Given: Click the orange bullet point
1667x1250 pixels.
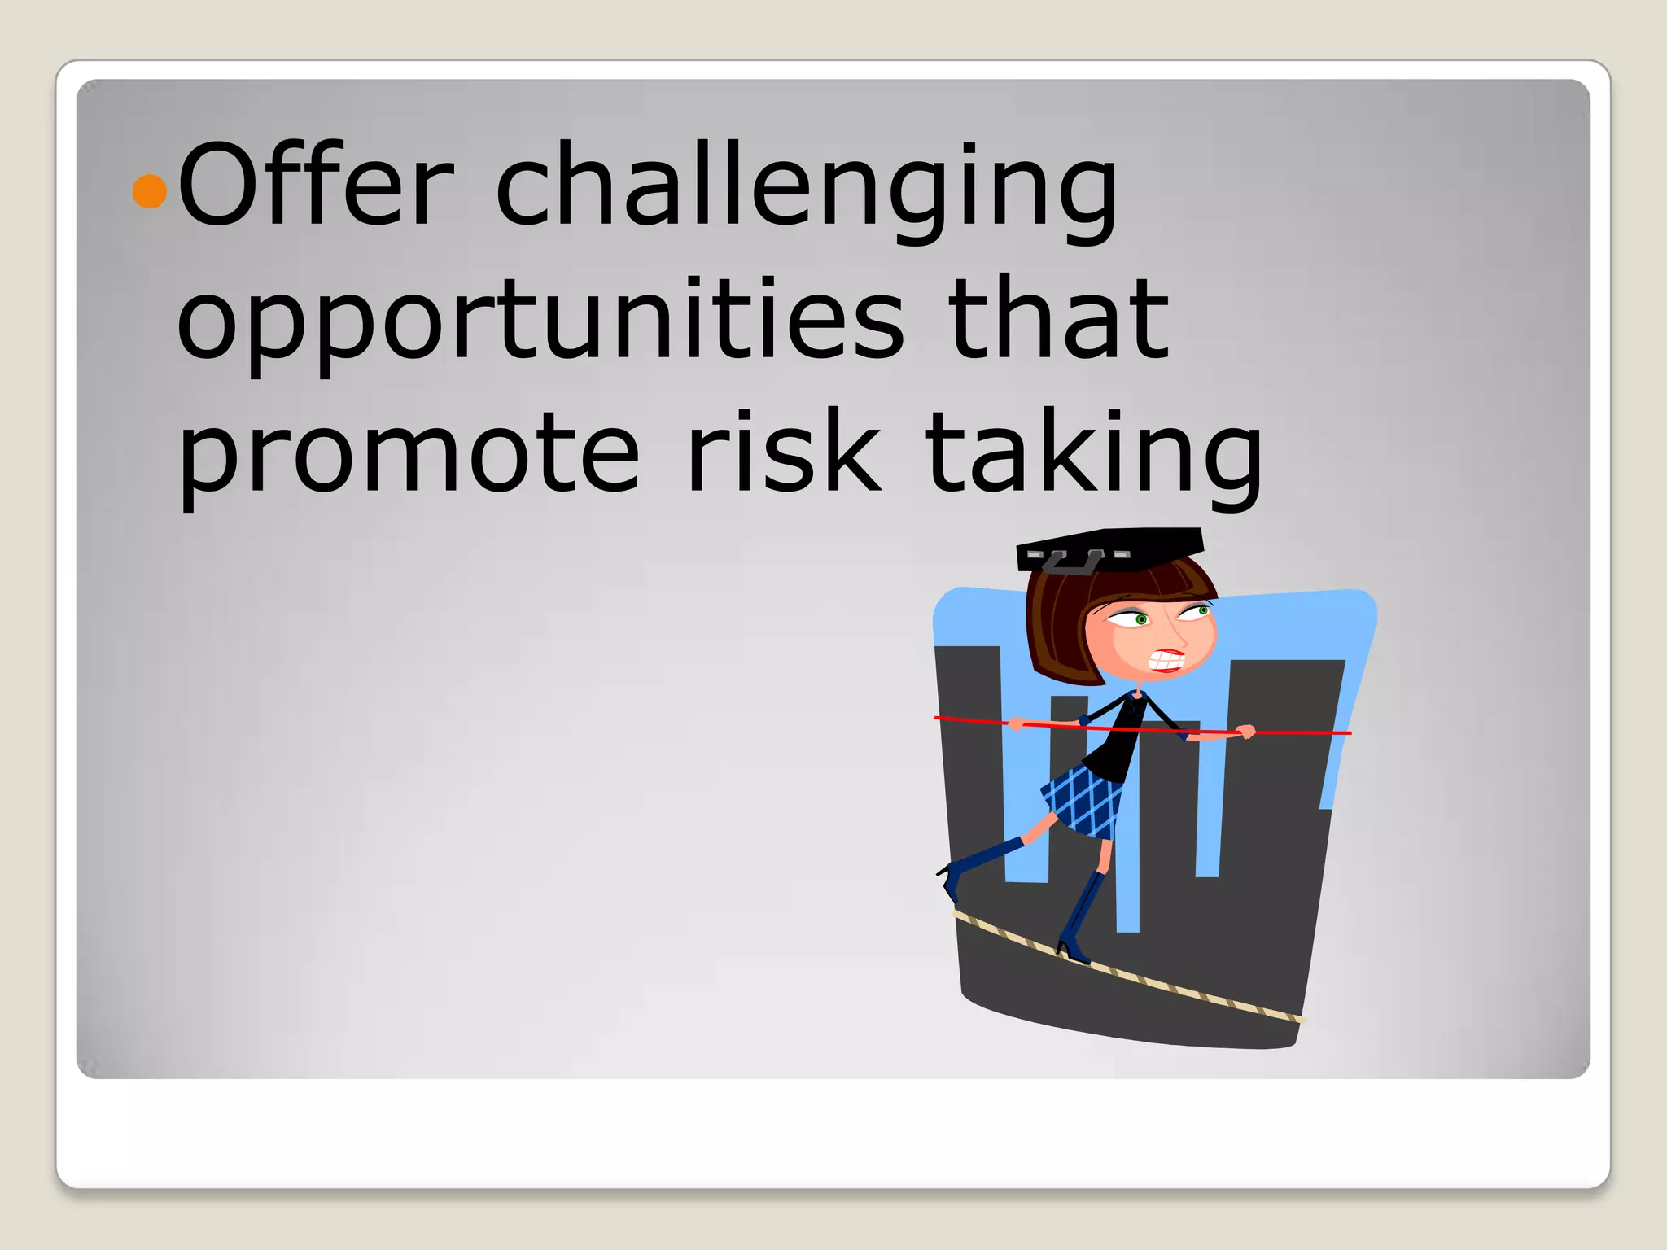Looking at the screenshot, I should click(x=149, y=191).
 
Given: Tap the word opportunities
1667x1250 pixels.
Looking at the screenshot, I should click(x=540, y=321).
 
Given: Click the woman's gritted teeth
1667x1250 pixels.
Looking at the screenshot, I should click(x=1166, y=660).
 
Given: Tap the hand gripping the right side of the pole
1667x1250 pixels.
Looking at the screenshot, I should click(x=1244, y=732).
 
